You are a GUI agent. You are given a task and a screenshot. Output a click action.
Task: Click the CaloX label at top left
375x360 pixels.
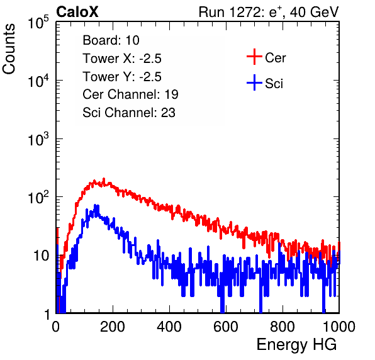coord(77,12)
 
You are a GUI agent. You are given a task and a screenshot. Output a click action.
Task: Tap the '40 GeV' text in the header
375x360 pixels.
coord(314,12)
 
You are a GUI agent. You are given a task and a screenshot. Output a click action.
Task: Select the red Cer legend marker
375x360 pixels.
coord(254,57)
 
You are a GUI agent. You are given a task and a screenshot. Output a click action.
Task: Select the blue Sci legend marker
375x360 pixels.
coord(254,82)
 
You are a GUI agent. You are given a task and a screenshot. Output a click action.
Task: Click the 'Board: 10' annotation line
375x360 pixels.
coord(111,40)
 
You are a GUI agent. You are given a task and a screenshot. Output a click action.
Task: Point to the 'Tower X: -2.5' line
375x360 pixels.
coord(122,59)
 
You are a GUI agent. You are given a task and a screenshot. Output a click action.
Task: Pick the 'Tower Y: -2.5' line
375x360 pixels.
coord(122,77)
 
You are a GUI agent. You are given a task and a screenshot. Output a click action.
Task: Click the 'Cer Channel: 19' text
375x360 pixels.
coord(130,94)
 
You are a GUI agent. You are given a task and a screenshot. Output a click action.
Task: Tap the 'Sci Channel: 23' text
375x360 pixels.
coord(129,113)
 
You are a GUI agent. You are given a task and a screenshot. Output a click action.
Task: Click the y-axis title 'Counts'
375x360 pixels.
coord(9,49)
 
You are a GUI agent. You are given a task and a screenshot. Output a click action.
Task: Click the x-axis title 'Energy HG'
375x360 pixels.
coord(296,345)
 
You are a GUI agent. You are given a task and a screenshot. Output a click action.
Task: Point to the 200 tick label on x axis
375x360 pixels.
coord(113,327)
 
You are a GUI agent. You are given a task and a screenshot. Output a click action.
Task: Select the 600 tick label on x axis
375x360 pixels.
coord(226,327)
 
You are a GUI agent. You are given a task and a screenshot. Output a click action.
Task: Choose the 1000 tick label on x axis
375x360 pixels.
coord(339,327)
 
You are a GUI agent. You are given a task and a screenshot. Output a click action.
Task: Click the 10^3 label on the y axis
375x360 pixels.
coord(38,139)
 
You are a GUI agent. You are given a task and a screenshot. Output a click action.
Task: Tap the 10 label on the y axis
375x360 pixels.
coord(42,256)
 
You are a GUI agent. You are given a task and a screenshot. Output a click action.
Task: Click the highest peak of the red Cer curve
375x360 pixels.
coord(104,179)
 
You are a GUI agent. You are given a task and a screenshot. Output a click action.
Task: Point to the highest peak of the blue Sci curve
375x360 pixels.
coord(96,205)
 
